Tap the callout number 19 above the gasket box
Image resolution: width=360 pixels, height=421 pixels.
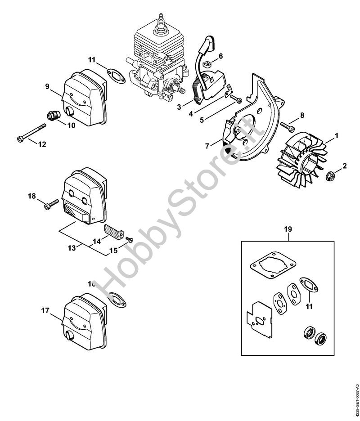(288, 229)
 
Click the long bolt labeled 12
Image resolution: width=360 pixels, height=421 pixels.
(31, 132)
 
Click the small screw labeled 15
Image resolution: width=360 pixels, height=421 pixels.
(128, 239)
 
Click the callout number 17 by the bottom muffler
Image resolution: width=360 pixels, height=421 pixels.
(45, 310)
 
